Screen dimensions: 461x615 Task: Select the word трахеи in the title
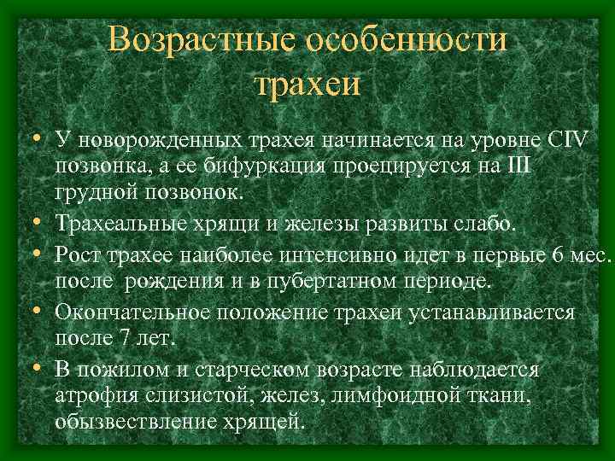point(307,85)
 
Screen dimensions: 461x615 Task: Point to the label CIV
point(565,139)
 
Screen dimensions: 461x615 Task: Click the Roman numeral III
point(518,166)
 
